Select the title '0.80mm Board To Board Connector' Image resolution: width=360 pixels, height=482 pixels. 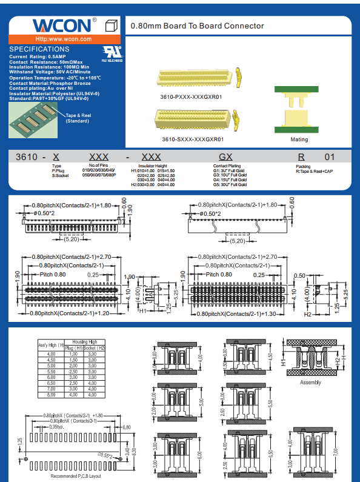(x=198, y=26)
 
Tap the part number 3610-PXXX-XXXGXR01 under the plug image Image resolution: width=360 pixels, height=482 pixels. (x=191, y=96)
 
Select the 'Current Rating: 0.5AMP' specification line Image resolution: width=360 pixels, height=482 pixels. (x=38, y=57)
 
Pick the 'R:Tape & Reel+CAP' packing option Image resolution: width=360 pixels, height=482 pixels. (x=315, y=172)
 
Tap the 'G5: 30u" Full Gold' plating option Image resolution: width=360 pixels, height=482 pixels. (x=229, y=184)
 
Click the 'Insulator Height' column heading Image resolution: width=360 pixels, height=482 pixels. (x=152, y=166)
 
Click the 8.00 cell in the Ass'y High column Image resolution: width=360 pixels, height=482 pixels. (x=51, y=395)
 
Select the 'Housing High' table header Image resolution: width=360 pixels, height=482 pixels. (x=84, y=342)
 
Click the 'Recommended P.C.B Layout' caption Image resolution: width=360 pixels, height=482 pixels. (x=75, y=476)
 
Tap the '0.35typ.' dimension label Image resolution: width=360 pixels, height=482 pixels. (x=58, y=427)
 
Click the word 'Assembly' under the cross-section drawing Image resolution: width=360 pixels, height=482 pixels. (x=310, y=383)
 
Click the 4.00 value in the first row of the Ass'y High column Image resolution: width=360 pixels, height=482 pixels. (x=51, y=353)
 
